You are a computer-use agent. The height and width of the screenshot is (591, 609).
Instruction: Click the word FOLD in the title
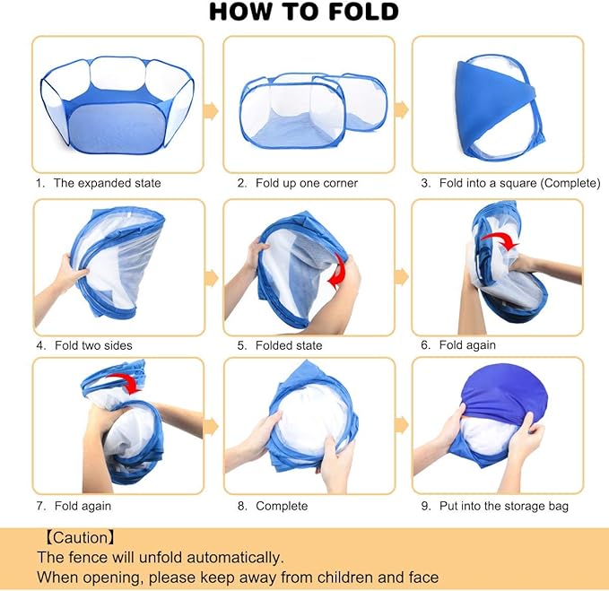[363, 12]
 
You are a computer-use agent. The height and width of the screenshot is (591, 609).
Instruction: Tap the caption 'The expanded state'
[108, 183]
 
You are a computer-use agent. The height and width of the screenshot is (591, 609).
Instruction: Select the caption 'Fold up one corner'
[307, 183]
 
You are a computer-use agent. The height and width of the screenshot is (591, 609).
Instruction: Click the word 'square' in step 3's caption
[518, 183]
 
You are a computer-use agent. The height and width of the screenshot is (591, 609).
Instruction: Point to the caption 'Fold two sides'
[93, 345]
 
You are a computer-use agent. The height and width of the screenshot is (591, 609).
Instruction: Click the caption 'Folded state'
[289, 345]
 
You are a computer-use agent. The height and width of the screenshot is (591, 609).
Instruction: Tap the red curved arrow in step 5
[337, 272]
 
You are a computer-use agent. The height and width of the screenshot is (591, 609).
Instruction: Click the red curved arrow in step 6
[501, 240]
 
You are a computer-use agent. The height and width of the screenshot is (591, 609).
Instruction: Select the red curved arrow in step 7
[125, 383]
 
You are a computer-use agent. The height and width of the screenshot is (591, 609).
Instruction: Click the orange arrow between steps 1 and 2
[211, 110]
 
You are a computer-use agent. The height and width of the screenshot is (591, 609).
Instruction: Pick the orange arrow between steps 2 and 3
[402, 109]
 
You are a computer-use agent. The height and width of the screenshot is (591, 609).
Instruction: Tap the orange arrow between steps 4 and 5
[211, 278]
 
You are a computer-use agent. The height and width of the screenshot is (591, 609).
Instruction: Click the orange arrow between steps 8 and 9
[402, 424]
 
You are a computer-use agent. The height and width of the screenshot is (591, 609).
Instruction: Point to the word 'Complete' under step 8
[282, 506]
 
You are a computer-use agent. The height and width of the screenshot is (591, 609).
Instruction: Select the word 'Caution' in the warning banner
[81, 538]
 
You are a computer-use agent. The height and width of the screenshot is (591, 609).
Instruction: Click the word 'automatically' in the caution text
[235, 558]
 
